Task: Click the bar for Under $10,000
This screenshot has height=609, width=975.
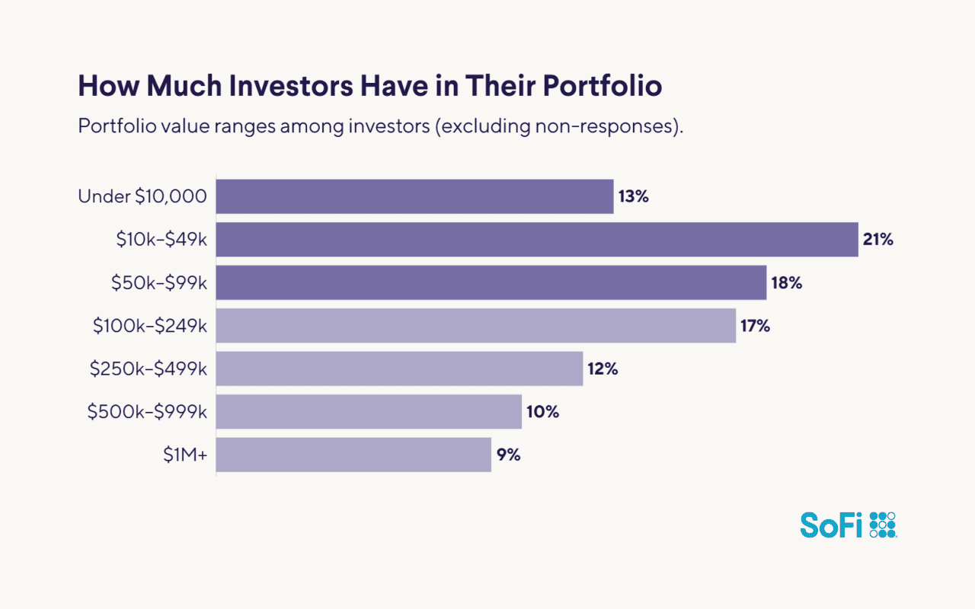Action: click(x=414, y=196)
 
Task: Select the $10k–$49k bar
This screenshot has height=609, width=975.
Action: click(x=537, y=240)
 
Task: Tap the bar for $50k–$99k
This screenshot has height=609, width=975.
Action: click(x=491, y=282)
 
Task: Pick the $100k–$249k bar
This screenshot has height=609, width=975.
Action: click(x=476, y=326)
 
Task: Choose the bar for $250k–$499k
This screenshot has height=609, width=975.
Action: click(x=399, y=369)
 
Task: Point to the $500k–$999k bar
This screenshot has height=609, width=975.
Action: click(x=369, y=412)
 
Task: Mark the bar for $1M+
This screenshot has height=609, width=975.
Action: click(x=353, y=455)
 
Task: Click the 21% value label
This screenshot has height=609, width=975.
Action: click(x=877, y=240)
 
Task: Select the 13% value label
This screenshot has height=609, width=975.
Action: click(x=633, y=196)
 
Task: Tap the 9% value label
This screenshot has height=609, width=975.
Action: click(x=508, y=455)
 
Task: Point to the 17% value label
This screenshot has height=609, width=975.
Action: click(x=755, y=326)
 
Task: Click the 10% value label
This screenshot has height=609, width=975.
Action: click(x=542, y=412)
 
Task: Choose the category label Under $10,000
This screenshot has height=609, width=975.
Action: click(x=142, y=196)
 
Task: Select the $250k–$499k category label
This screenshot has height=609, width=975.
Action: click(x=149, y=369)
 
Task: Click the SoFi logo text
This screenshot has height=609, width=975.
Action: click(x=832, y=525)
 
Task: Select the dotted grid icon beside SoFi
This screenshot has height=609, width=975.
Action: click(x=883, y=525)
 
